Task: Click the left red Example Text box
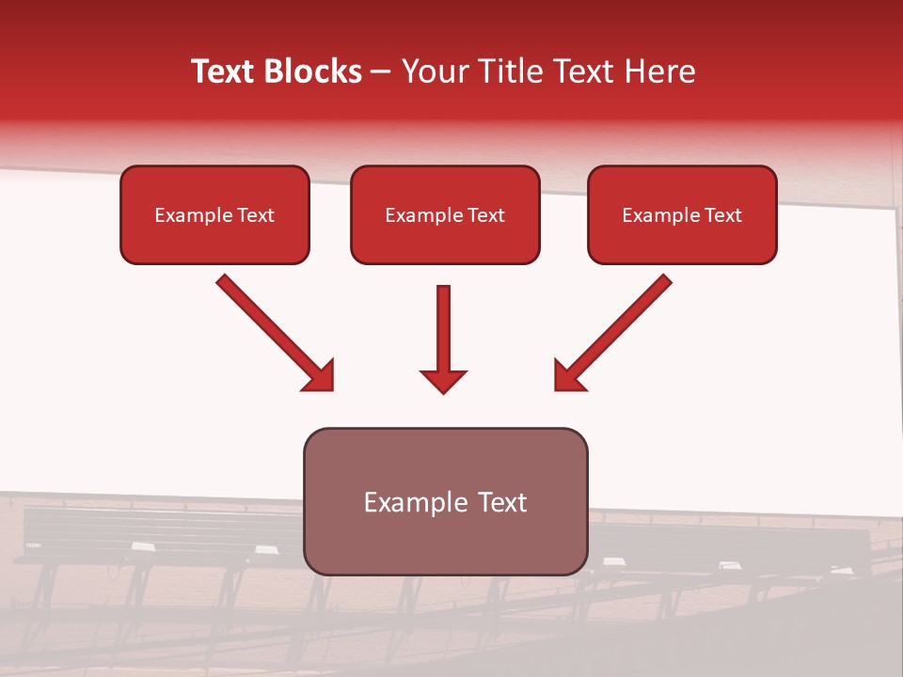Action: tap(214, 214)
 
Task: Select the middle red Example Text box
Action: tap(445, 214)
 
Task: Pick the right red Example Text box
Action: tap(682, 214)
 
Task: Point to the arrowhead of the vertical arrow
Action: tap(443, 380)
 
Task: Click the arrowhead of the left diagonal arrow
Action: tap(320, 376)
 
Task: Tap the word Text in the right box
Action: tap(722, 214)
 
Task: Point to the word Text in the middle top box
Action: tap(486, 214)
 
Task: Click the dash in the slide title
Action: tap(381, 72)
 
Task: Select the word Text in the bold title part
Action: tap(226, 71)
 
